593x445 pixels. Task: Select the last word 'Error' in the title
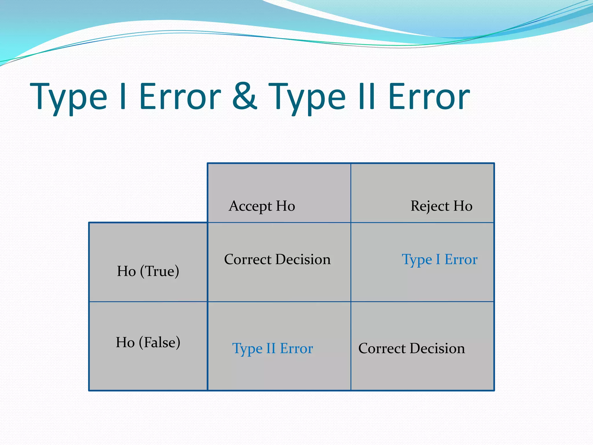tap(429, 96)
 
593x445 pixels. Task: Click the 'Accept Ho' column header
tap(262, 206)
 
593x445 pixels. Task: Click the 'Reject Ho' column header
tap(441, 206)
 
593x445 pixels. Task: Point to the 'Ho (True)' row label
tap(148, 271)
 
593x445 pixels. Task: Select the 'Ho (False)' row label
tap(148, 342)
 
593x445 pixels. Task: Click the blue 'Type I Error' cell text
tap(439, 260)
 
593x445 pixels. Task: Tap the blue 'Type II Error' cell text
tap(272, 349)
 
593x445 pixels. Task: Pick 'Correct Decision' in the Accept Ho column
tap(277, 259)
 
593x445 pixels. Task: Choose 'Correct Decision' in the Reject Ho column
tap(411, 348)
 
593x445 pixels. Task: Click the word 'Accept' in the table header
tap(250, 206)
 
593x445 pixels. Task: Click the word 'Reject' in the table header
tap(430, 206)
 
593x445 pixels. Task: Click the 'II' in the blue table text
tap(271, 348)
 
